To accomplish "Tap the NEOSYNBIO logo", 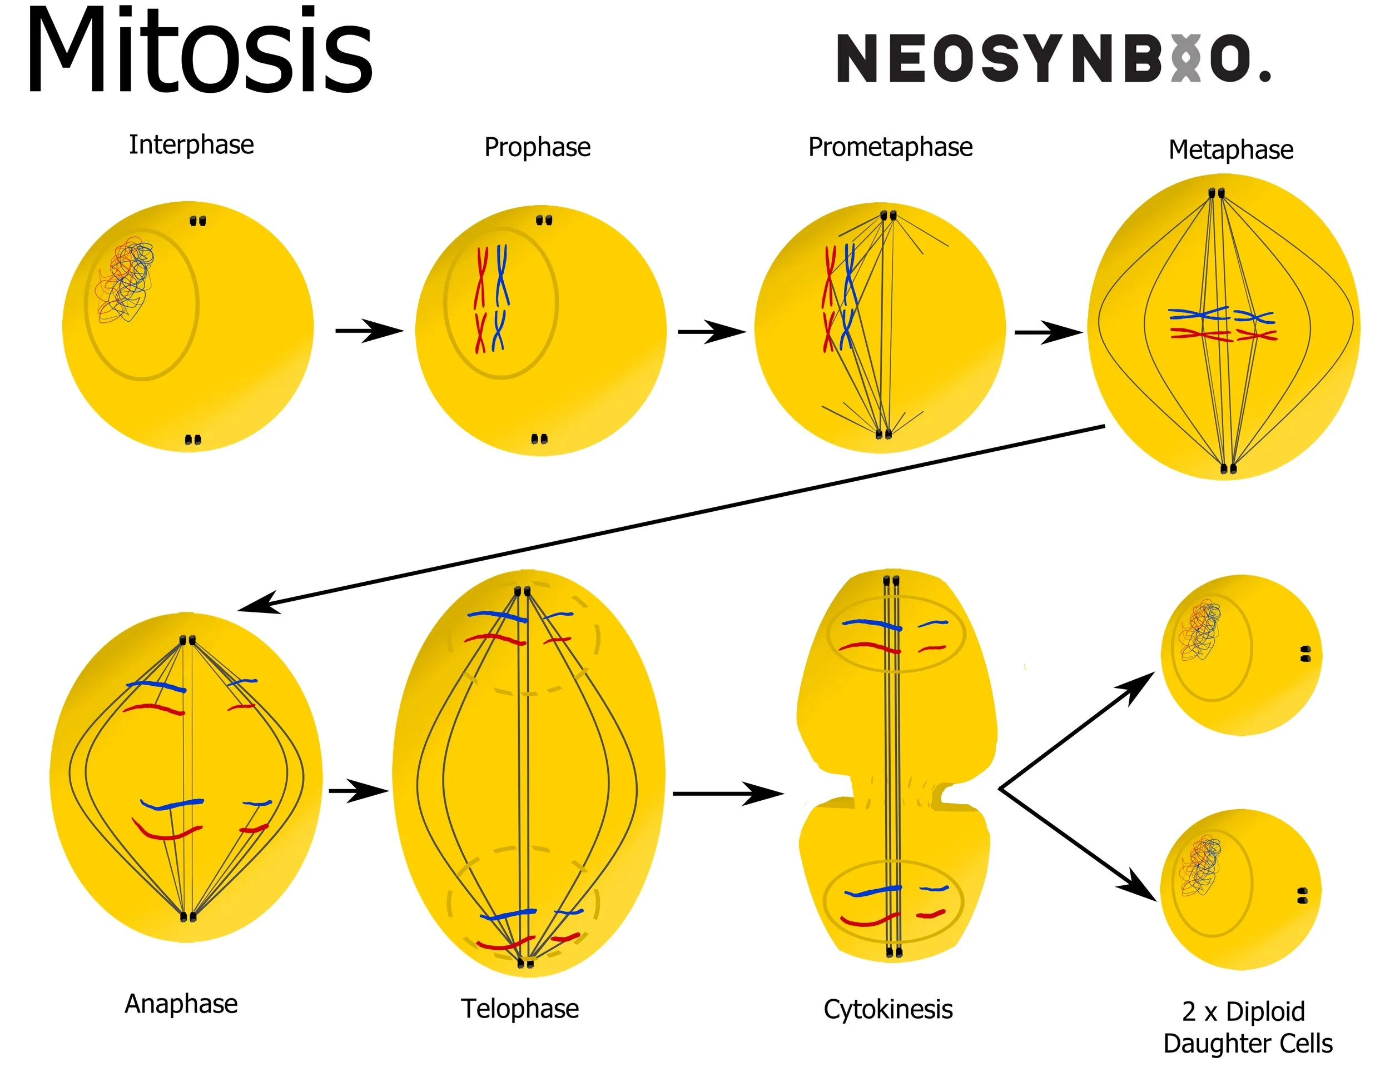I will click(1053, 58).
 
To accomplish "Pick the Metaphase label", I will click(1231, 150).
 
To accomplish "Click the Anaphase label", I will click(181, 1004).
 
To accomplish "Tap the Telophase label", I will click(520, 1009).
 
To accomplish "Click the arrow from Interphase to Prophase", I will click(369, 331).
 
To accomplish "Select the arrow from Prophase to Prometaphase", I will click(712, 331).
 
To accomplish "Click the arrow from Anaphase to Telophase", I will click(358, 791).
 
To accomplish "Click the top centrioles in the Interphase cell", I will click(198, 221).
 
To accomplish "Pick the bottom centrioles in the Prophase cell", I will click(539, 439).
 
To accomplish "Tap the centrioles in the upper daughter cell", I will click(1305, 654).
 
